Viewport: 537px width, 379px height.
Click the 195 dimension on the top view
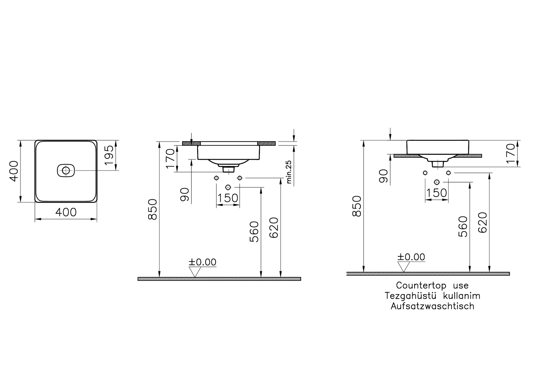click(109, 155)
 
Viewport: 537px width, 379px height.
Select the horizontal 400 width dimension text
click(66, 212)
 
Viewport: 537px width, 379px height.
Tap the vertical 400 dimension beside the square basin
click(14, 171)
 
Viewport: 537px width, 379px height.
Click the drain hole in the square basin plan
click(66, 171)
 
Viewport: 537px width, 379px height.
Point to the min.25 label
click(289, 172)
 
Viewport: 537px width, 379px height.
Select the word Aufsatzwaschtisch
click(432, 306)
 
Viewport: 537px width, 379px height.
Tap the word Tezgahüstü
click(410, 296)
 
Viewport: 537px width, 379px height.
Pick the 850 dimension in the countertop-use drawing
click(357, 206)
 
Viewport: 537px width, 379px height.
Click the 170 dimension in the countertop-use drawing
click(511, 153)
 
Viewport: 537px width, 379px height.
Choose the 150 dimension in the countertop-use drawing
click(437, 193)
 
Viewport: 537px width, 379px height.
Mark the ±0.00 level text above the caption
click(411, 257)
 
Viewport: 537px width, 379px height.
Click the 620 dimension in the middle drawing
click(274, 228)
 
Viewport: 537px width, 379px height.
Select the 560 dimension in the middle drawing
click(254, 231)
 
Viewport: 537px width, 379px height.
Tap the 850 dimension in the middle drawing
click(152, 209)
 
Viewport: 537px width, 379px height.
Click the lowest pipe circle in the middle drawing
click(228, 187)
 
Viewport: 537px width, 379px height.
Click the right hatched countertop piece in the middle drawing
click(266, 143)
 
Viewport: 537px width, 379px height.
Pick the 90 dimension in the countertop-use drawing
click(384, 176)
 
